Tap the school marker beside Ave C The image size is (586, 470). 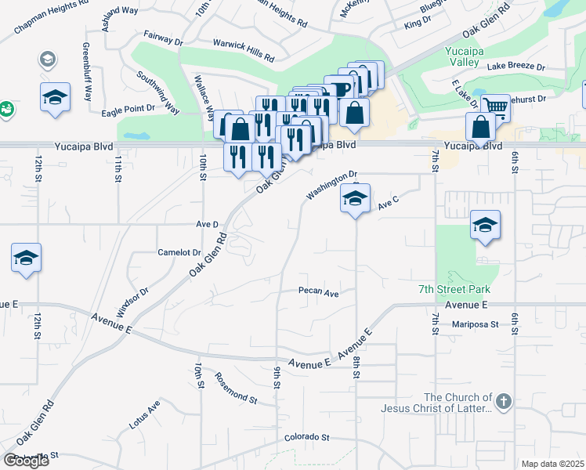click(355, 199)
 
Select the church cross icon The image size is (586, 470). click(503, 403)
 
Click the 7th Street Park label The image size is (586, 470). click(448, 290)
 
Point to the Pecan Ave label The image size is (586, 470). click(318, 292)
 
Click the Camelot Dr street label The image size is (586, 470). click(179, 252)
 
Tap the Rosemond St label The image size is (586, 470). click(236, 388)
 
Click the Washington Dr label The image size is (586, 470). click(331, 185)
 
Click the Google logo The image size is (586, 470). click(25, 461)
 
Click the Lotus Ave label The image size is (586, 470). click(144, 415)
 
